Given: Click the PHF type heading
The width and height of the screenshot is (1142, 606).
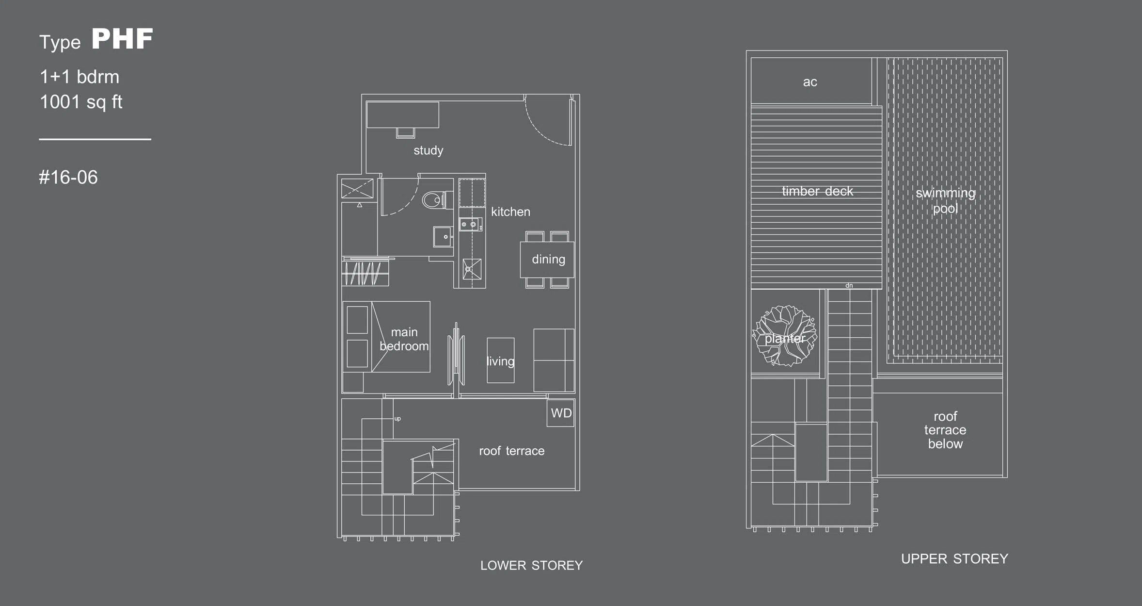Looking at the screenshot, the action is (x=122, y=39).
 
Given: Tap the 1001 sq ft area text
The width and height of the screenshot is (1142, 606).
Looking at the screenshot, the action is (x=81, y=102).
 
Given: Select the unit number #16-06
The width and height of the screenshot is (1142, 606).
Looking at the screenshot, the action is (x=68, y=177).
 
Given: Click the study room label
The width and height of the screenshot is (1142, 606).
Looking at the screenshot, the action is (x=428, y=150).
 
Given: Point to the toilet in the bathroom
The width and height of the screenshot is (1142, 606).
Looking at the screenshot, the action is (x=437, y=199).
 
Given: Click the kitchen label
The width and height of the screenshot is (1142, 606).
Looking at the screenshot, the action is (x=510, y=212).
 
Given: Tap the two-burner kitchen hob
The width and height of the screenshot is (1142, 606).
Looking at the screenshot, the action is (x=471, y=224).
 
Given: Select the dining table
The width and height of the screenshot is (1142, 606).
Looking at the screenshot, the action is (x=547, y=260).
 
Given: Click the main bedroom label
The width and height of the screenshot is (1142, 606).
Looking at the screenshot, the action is (x=404, y=339).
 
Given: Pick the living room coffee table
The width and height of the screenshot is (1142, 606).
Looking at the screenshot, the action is (x=501, y=360).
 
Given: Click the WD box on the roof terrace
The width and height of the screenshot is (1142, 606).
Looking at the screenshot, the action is (x=561, y=413).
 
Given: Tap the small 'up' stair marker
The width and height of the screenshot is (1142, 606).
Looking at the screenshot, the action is (x=397, y=419).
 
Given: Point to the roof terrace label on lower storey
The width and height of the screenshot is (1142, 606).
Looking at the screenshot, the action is (x=512, y=451).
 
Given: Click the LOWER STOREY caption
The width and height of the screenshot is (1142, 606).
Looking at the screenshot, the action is (x=532, y=565).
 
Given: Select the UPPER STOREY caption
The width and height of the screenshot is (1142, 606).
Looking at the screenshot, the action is (x=954, y=559).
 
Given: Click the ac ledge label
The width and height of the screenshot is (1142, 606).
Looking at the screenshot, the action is (x=810, y=82).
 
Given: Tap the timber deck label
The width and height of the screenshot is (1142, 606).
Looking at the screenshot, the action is (x=817, y=191).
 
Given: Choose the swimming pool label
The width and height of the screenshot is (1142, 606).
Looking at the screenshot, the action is (x=945, y=200).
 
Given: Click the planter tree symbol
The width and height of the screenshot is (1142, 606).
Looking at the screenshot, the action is (x=785, y=336).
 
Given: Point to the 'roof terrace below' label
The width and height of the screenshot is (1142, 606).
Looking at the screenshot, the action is (x=945, y=430).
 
